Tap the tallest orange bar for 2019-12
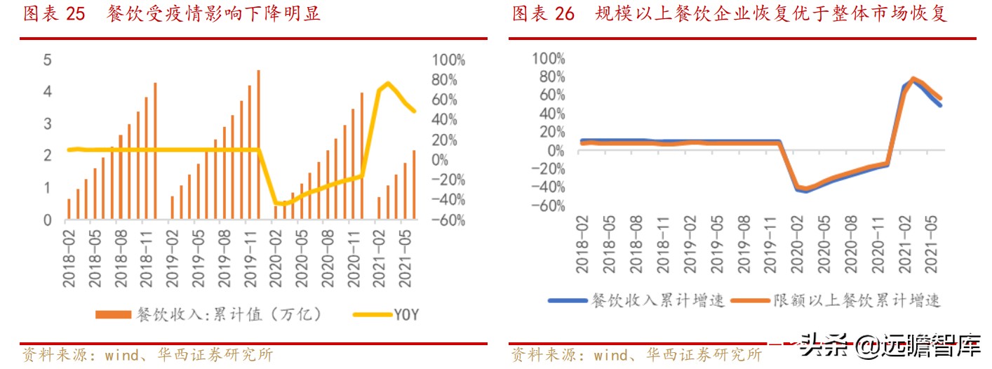(x=258, y=144)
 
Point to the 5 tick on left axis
(x=48, y=60)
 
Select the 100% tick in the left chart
(x=448, y=60)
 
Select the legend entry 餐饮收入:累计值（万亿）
(x=210, y=314)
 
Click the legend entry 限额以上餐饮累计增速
(x=835, y=301)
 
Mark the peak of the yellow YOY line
(x=388, y=83)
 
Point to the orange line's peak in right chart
(x=913, y=78)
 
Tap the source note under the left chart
(x=147, y=355)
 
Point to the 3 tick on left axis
(x=48, y=123)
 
